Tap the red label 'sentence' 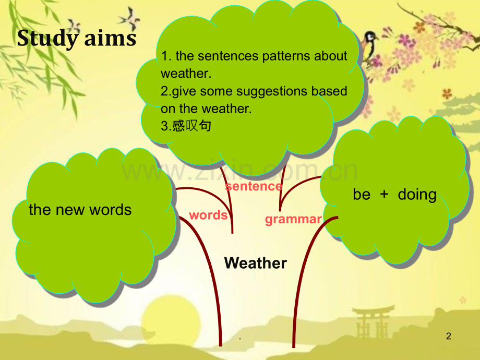(254, 186)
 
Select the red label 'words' (208, 215)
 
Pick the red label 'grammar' (293, 220)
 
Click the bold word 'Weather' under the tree (256, 263)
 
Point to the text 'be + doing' (394, 195)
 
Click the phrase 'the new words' (80, 210)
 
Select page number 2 (449, 336)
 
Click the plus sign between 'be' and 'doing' (384, 194)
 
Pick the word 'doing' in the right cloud (417, 195)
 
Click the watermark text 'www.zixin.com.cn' (239, 170)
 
